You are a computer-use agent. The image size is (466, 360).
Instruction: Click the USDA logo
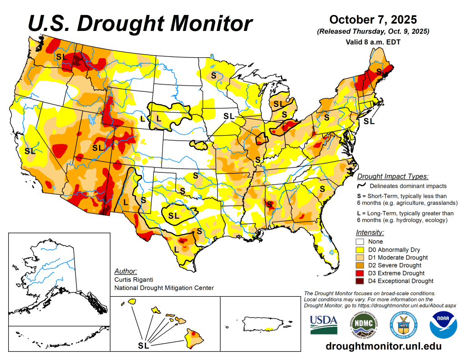[x=324, y=325]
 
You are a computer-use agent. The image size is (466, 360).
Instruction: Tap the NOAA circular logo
[x=443, y=325]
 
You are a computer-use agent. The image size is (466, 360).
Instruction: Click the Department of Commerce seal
[x=403, y=325]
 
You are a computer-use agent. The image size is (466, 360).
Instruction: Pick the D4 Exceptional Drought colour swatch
[x=360, y=281]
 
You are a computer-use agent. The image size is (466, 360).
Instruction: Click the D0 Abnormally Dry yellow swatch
[x=360, y=250]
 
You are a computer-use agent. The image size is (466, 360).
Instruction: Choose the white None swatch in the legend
[x=360, y=241]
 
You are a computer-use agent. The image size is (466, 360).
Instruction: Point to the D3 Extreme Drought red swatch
[x=360, y=273]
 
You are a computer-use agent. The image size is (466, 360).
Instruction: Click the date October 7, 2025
[x=373, y=20]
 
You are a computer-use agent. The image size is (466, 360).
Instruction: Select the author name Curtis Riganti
[x=134, y=279]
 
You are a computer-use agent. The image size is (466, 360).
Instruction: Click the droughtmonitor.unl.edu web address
[x=384, y=346]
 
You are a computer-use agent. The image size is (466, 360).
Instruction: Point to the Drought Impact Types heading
[x=393, y=176]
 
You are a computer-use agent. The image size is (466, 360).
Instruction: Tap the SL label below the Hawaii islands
[x=143, y=345]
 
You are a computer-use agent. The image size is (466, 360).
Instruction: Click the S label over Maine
[x=379, y=71]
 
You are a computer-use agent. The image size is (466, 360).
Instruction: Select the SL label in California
[x=30, y=151]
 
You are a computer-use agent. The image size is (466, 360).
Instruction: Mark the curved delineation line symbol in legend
[x=361, y=185]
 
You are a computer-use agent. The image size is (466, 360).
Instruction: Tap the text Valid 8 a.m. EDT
[x=373, y=42]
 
